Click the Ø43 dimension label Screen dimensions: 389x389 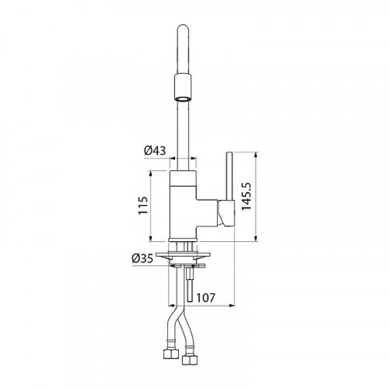[x=155, y=151]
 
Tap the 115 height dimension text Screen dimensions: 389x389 [x=143, y=205]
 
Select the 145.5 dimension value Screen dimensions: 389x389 [x=246, y=196]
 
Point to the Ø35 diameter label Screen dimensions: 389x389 [x=142, y=258]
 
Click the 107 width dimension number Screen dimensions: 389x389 [x=205, y=298]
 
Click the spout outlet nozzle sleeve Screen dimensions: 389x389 [x=183, y=87]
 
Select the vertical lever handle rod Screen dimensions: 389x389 [x=230, y=177]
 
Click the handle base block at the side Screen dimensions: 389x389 [x=226, y=213]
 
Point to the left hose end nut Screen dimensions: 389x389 [x=171, y=353]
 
